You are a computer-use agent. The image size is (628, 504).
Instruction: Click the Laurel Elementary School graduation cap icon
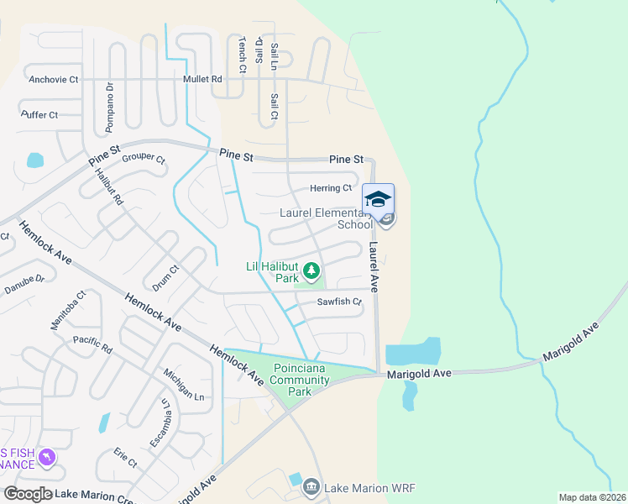tap(378, 199)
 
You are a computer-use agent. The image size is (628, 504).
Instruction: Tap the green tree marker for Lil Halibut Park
tap(311, 270)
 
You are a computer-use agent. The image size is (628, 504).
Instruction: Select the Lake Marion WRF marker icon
tap(311, 487)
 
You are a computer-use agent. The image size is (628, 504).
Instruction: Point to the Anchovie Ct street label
tap(53, 80)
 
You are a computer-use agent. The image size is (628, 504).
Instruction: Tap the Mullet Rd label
tap(202, 79)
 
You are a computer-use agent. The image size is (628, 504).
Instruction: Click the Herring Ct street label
tap(331, 188)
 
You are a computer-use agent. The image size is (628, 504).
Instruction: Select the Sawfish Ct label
tap(339, 302)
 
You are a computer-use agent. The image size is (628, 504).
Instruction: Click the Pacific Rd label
tap(92, 344)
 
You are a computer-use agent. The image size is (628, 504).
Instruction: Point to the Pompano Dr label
tap(108, 108)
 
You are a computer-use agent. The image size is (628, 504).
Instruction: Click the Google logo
tap(28, 494)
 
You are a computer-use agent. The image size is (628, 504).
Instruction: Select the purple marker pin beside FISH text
tap(46, 458)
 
